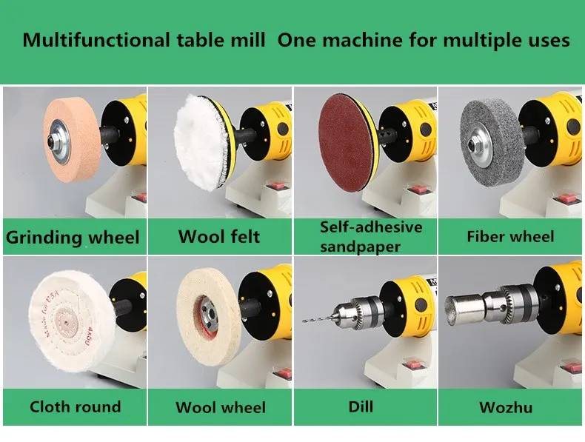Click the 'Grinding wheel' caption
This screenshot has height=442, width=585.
tap(73, 237)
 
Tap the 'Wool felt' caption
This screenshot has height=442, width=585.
tap(219, 236)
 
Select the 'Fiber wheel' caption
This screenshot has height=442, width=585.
tap(510, 236)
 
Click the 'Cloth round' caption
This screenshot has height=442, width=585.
tap(76, 406)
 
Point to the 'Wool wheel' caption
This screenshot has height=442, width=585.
tap(221, 407)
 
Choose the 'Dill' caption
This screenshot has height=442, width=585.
tap(361, 406)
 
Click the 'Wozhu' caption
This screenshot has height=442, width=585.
tap(506, 407)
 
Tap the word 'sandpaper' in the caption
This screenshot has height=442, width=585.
tap(361, 247)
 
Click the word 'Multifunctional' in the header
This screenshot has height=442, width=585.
tap(96, 40)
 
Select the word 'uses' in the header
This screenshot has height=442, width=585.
tap(549, 41)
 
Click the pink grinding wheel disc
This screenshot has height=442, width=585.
tap(72, 139)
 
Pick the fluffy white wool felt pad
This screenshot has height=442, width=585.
tap(200, 142)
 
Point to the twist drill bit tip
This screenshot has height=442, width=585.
tap(303, 321)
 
